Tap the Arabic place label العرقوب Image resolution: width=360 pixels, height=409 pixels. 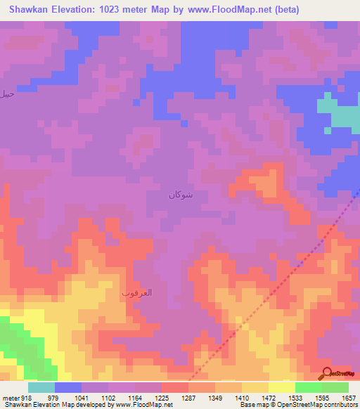click(x=136, y=292)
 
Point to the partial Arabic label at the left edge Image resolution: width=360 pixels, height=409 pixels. click(x=7, y=93)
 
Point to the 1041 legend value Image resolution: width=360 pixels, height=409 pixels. click(x=81, y=398)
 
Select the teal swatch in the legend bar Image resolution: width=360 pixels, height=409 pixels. click(x=41, y=387)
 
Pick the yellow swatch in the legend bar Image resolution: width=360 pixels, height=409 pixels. click(x=281, y=387)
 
